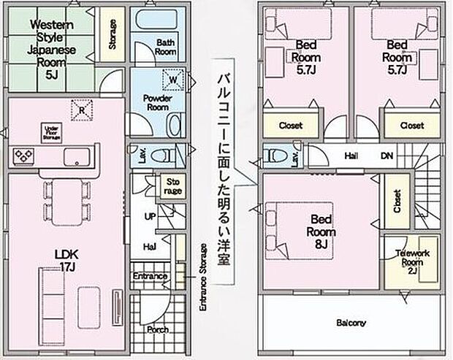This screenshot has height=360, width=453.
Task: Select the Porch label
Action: coord(157,329)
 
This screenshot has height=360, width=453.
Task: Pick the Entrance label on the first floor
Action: coord(151,276)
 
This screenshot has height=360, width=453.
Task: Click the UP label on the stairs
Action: coord(151,218)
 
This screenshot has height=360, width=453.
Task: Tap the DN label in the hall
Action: coord(387,156)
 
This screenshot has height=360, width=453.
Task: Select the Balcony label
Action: coord(351,322)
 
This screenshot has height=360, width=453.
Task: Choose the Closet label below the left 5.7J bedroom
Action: coord(291,126)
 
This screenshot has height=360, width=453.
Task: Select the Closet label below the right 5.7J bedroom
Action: coord(411,126)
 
